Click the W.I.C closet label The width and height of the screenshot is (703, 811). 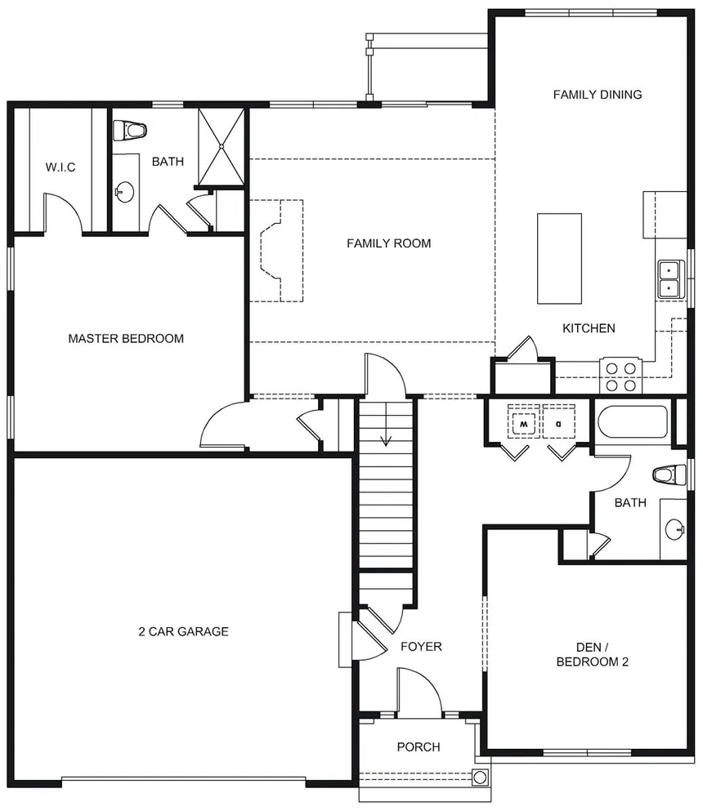coord(60,167)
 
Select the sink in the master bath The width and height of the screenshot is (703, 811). coord(123,193)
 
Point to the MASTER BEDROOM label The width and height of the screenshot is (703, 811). coord(126,338)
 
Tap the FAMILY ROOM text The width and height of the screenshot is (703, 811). coord(388,243)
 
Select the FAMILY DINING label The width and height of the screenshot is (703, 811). coord(598,95)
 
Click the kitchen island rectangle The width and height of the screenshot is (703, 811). coord(559,258)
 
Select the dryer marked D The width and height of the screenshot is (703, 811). coord(559,424)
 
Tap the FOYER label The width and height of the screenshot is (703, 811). coord(421,647)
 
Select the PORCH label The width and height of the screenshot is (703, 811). coord(419,747)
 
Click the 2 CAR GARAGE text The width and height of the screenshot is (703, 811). coord(183,631)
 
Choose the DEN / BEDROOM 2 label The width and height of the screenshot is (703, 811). coord(592,654)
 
